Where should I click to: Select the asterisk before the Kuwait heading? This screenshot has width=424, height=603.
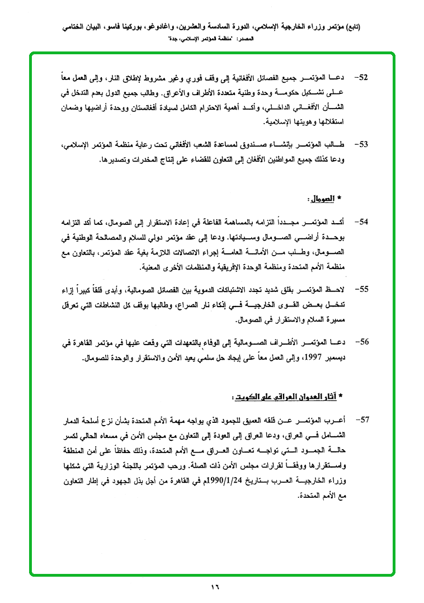click(342, 397)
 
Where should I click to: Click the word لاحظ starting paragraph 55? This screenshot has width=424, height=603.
click(343, 289)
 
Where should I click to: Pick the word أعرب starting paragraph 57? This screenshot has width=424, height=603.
click(342, 420)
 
